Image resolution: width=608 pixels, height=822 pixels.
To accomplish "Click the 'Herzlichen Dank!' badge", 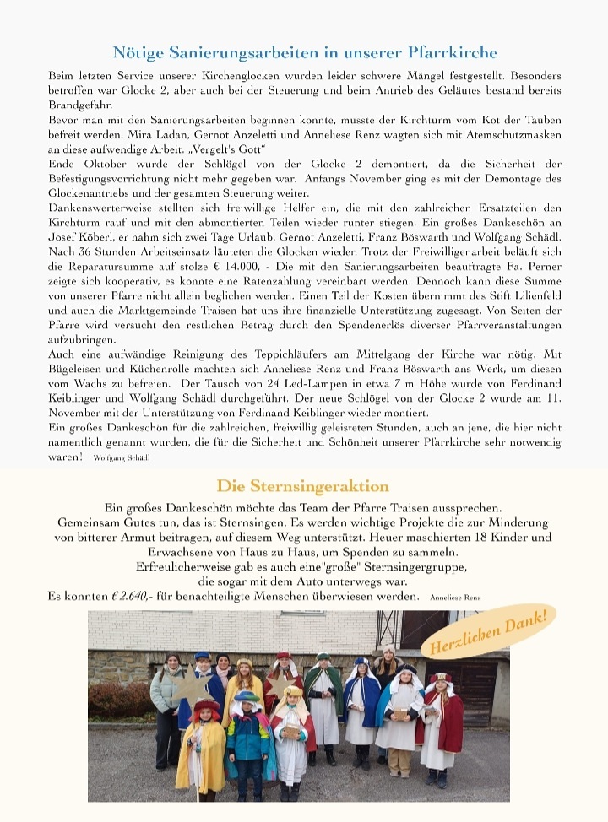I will pos(491,634).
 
